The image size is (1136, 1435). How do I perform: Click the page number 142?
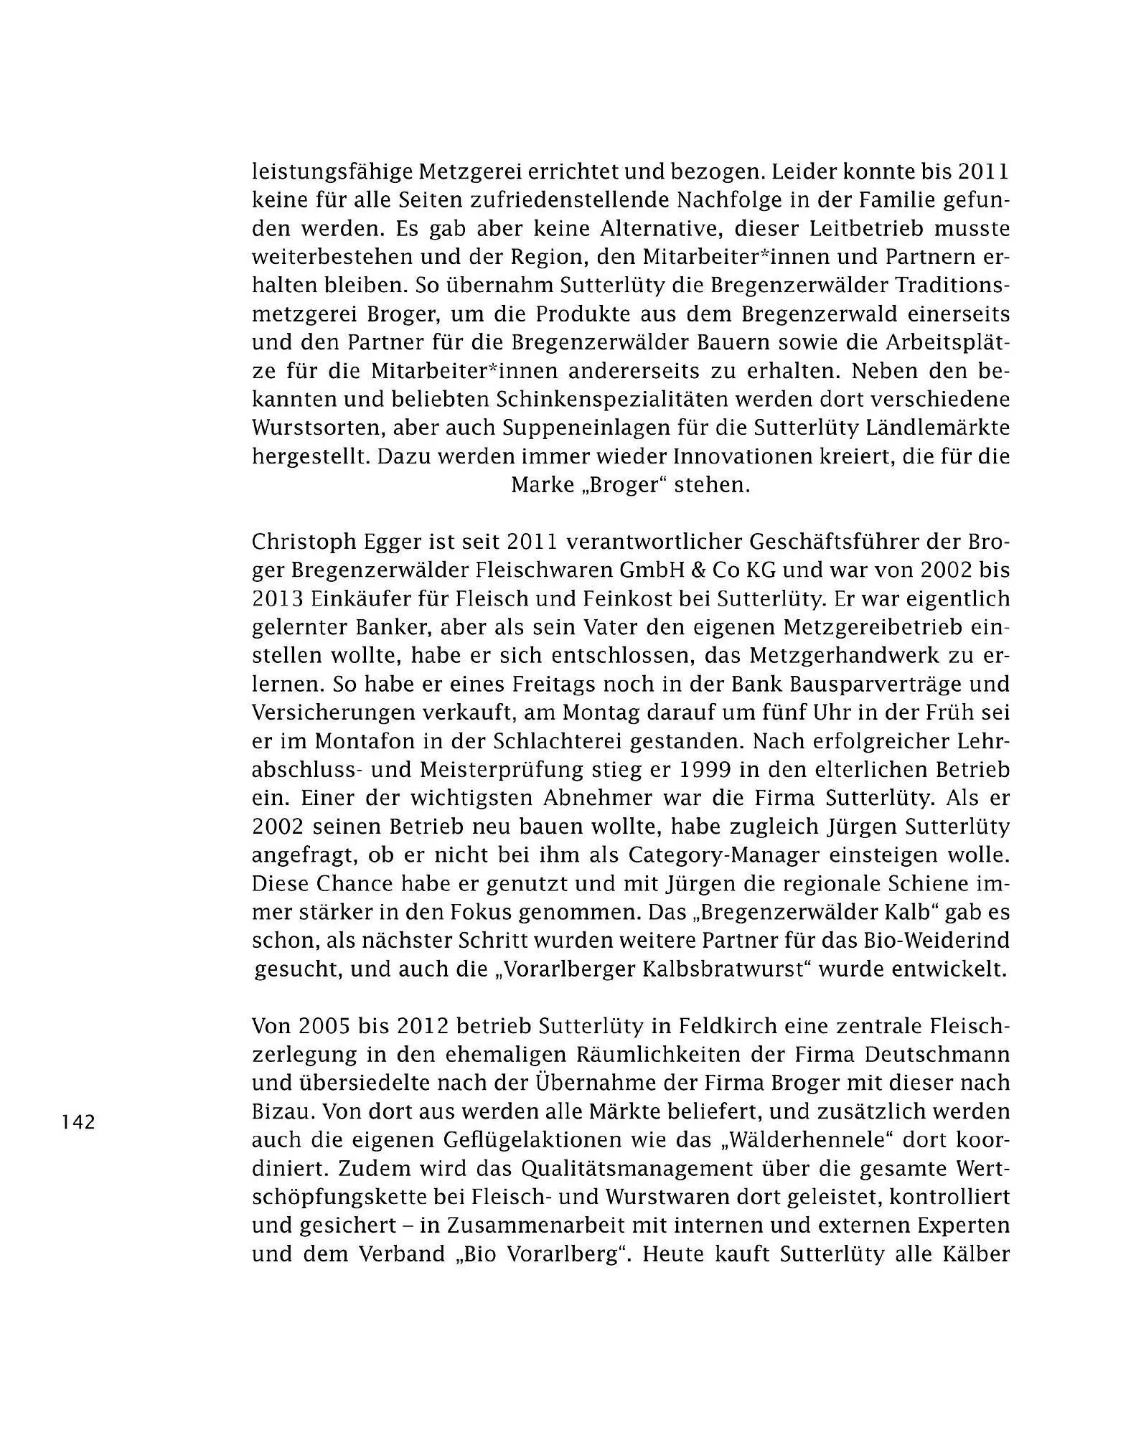tap(79, 1121)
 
